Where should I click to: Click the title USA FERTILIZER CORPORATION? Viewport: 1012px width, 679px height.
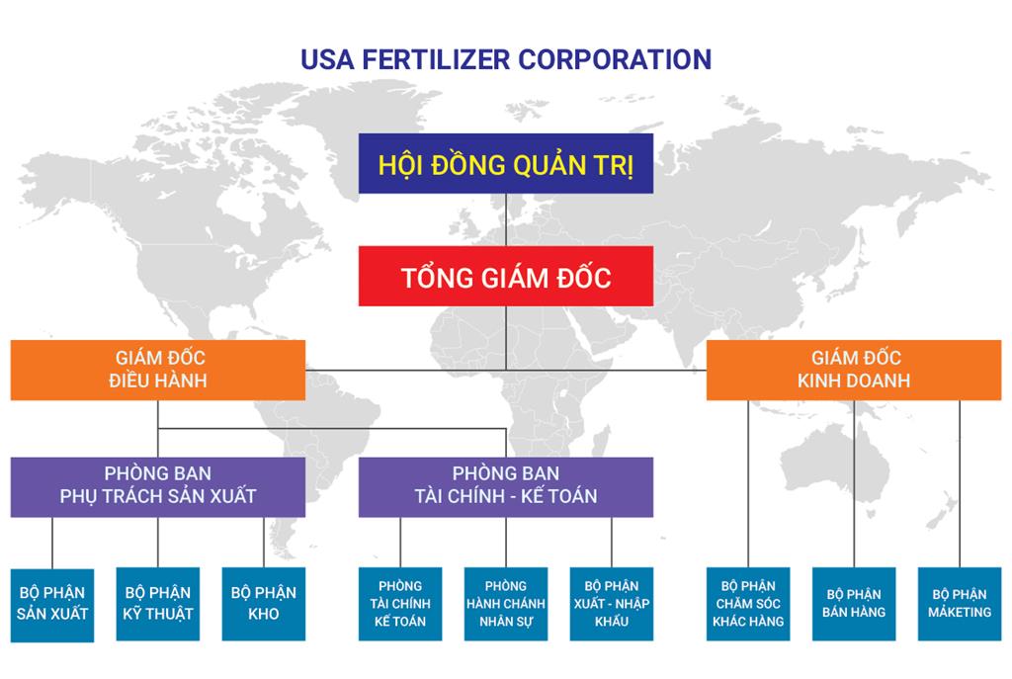pos(505,58)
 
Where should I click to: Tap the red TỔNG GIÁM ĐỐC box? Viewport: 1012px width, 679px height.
pos(505,276)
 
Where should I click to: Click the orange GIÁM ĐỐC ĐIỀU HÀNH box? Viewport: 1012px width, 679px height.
pos(158,370)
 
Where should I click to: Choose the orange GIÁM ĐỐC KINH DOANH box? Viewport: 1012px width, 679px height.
pos(854,370)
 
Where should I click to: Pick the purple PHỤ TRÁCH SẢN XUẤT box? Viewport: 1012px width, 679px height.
pos(158,486)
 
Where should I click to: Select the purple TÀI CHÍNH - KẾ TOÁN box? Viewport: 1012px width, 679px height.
pos(505,486)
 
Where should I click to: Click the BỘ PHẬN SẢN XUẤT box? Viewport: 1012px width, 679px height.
pos(52,604)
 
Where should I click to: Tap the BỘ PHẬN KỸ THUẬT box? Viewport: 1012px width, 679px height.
pos(158,604)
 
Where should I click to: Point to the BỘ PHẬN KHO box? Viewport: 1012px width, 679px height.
pos(264,604)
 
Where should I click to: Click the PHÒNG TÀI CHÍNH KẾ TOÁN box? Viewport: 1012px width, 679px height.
pos(400,604)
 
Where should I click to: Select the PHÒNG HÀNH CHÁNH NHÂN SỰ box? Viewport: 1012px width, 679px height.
pos(505,604)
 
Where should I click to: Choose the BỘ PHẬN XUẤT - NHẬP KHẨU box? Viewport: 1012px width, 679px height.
pos(611,604)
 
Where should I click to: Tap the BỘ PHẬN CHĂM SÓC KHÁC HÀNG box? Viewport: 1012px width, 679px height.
pos(748,604)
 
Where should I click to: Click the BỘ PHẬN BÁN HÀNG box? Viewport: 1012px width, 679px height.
pos(854,604)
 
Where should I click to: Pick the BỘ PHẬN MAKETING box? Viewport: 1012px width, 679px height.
pos(960,604)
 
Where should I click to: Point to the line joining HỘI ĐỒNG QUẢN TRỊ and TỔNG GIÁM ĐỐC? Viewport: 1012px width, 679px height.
pos(506,218)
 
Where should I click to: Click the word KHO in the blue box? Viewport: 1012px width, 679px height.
pos(264,615)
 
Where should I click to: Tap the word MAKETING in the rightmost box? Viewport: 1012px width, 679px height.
pos(960,613)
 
